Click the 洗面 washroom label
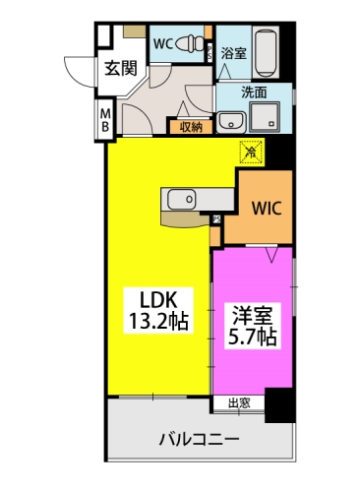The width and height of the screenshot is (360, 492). tap(257, 92)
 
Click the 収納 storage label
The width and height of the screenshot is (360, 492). tap(190, 126)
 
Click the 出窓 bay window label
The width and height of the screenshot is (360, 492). tap(239, 403)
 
